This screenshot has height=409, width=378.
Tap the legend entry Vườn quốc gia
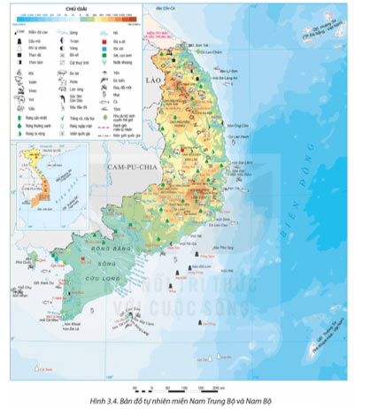80,135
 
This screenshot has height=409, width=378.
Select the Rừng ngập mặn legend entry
80,127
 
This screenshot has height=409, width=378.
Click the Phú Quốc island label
15,262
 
